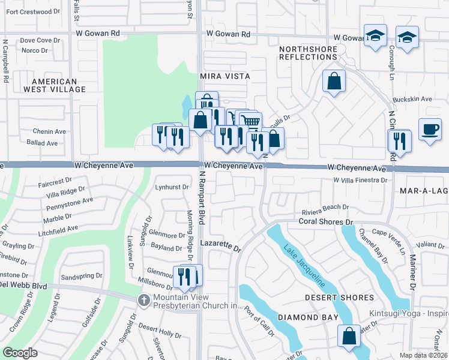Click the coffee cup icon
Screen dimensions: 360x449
pos(430,130)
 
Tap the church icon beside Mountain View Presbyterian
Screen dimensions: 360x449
pos(143,299)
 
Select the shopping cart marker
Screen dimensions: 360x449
pos(252,122)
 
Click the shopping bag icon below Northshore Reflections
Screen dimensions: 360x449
pos(334,80)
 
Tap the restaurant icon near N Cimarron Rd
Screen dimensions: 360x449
pos(399,141)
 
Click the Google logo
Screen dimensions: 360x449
pos(20,353)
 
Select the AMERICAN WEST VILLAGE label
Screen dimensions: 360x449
pos(55,85)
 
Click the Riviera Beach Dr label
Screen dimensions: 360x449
pos(325,207)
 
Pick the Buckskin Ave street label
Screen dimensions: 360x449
pos(412,99)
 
